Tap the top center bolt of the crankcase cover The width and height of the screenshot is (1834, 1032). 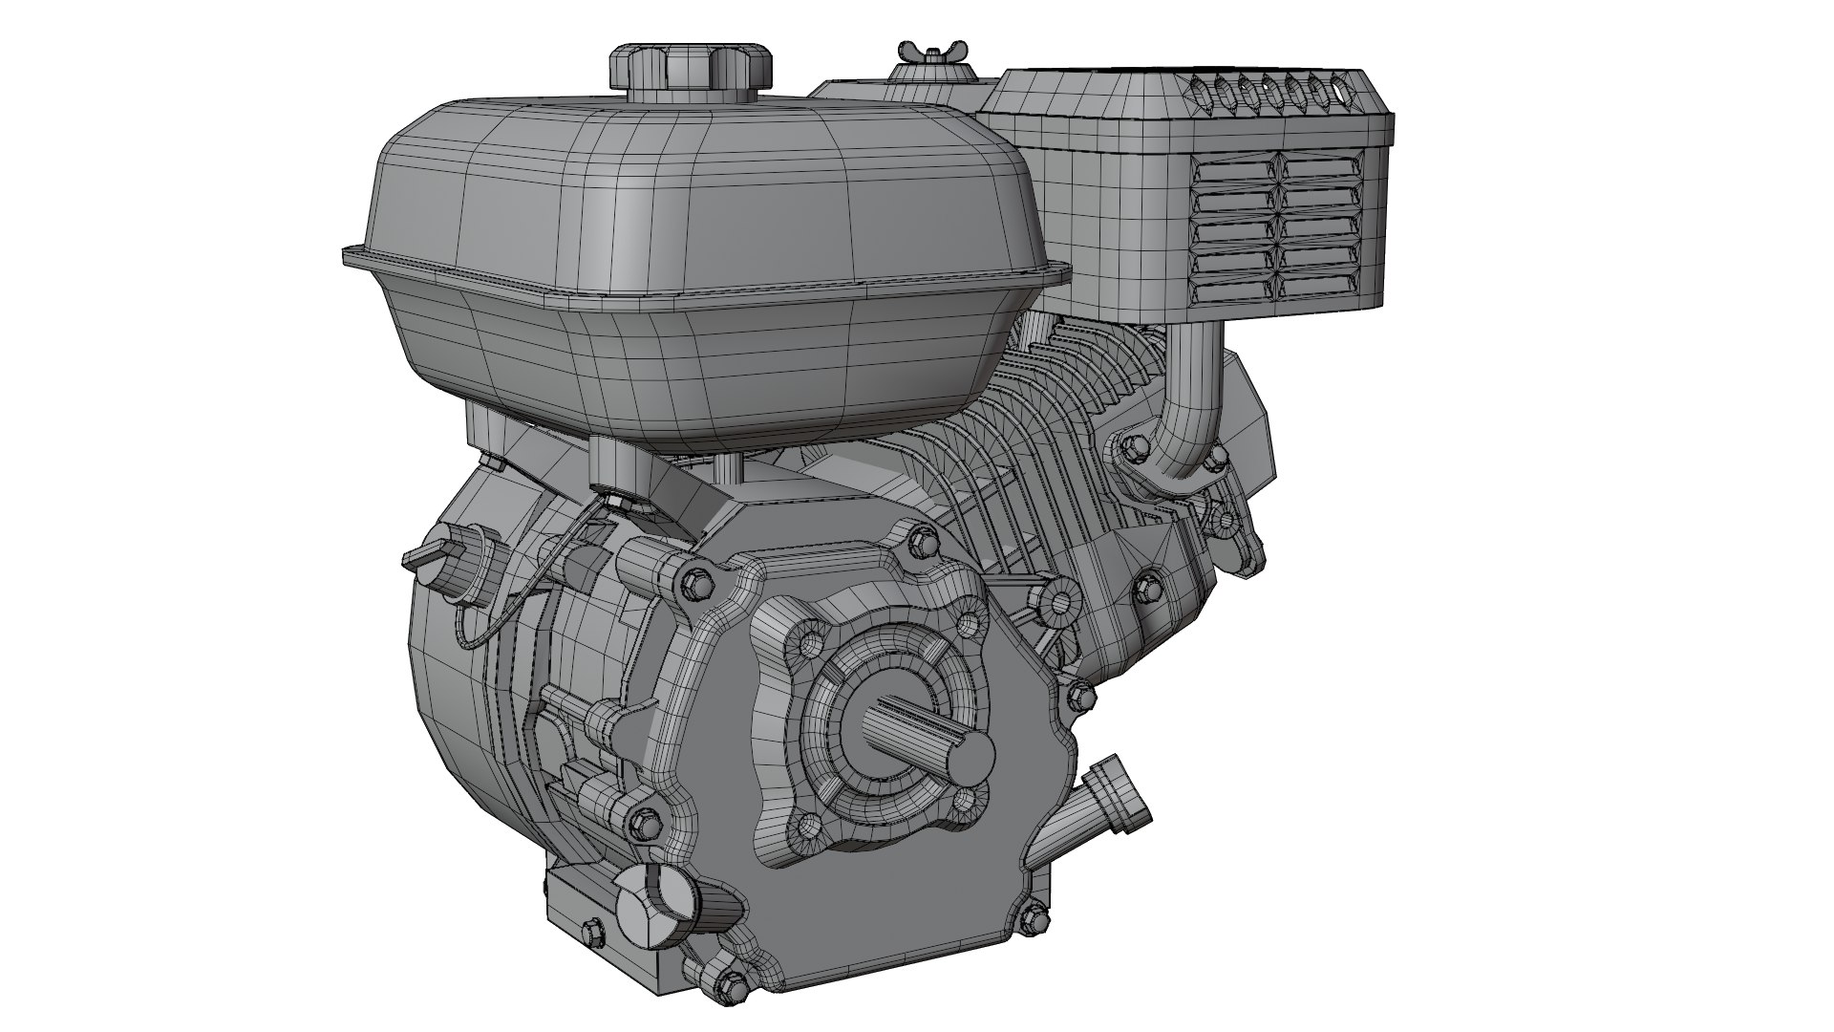(921, 542)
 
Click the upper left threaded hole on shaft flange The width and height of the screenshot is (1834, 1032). (815, 637)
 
